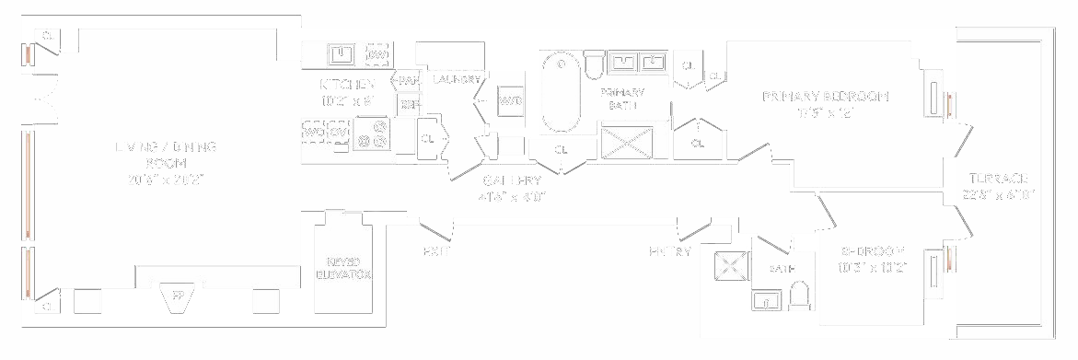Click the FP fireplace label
pos(179,296)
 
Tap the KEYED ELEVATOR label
pos(343,268)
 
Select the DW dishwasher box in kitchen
pos(377,55)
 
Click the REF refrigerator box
pos(409,105)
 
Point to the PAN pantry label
pos(409,81)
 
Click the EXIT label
pos(435,251)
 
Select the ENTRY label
pos(670,251)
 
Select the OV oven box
pos(339,132)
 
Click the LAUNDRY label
pos(457,79)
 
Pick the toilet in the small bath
pos(799,295)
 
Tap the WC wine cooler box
pos(314,132)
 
